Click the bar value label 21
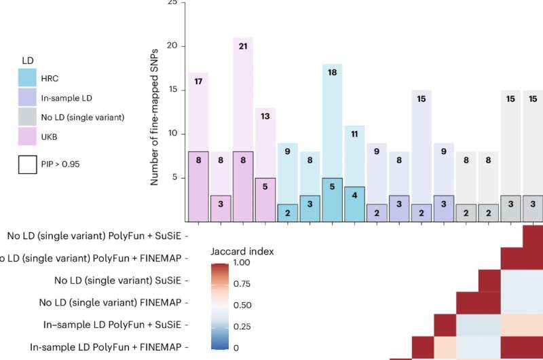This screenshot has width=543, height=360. (x=242, y=46)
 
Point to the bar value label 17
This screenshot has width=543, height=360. (x=198, y=82)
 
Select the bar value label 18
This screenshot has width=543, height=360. (x=331, y=73)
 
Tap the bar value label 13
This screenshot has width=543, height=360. (x=265, y=116)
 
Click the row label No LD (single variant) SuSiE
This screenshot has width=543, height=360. (x=114, y=280)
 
